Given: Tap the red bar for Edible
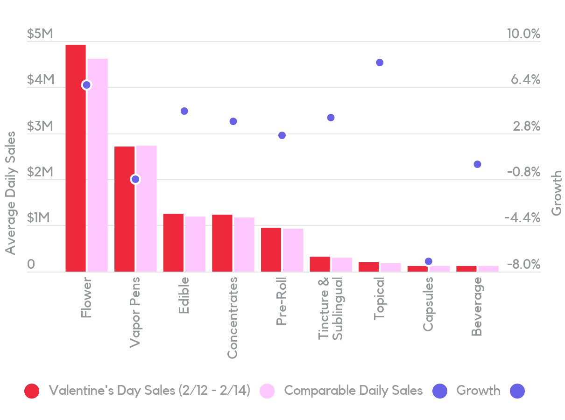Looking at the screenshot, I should click(x=173, y=242).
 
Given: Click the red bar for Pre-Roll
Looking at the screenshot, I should click(x=271, y=249).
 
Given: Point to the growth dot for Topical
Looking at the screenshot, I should click(x=380, y=63).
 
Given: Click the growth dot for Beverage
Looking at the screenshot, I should click(x=477, y=164).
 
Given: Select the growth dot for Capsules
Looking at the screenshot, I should click(x=429, y=261).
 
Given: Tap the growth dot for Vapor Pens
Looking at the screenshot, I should click(x=135, y=179).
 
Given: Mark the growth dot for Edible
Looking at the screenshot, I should click(x=184, y=111).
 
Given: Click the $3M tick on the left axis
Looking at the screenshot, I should click(x=40, y=126).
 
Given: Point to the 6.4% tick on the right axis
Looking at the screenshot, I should click(x=525, y=80).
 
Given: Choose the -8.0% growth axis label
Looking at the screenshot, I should click(x=523, y=265).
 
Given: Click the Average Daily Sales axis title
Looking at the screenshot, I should click(x=10, y=193).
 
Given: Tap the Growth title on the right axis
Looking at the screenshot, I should click(x=556, y=193).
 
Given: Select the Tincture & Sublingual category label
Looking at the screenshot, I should click(x=331, y=308).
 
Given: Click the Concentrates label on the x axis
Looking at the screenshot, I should click(x=233, y=318).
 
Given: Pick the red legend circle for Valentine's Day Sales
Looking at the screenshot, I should click(x=32, y=391).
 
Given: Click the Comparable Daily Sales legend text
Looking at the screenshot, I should click(x=353, y=391).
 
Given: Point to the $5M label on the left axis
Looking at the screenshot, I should click(x=40, y=34).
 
